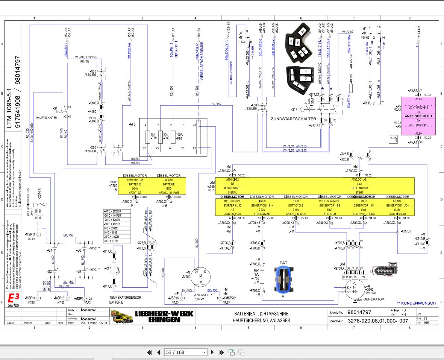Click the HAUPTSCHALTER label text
[x=47, y=117]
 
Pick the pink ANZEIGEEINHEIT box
[x=419, y=116]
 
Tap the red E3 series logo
[x=14, y=300]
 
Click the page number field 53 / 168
[x=186, y=352]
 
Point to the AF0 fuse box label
[x=132, y=124]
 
